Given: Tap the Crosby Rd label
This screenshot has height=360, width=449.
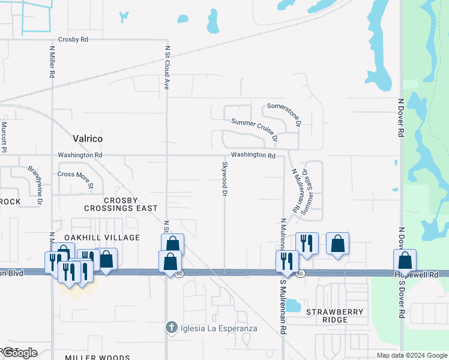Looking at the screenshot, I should point(73,40).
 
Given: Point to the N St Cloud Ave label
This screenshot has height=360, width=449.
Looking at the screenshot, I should point(167,67).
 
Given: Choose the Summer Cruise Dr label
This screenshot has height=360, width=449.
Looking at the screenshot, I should point(255,128).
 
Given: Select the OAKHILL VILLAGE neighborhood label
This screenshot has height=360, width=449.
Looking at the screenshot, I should point(102,238).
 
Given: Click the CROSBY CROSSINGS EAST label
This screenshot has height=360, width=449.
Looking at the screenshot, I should point(121,204).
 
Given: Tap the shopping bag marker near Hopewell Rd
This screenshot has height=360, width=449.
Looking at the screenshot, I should point(405,260).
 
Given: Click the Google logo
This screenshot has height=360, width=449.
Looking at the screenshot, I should point(20,353).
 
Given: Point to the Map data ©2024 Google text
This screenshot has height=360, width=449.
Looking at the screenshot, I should point(412,355).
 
